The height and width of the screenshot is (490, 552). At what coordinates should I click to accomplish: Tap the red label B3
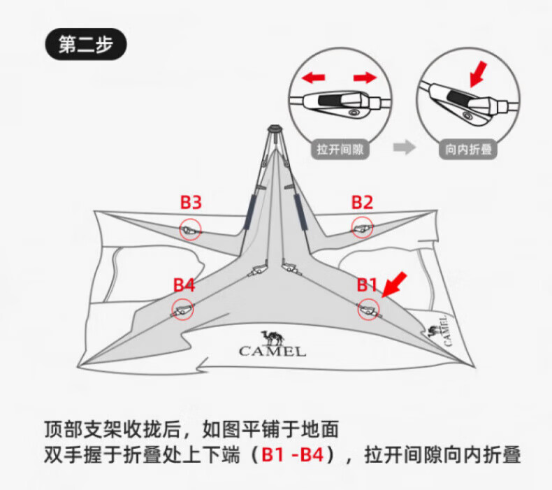click(x=191, y=203)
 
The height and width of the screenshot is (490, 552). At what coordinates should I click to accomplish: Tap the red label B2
click(x=362, y=203)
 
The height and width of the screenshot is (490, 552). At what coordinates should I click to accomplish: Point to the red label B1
click(x=368, y=285)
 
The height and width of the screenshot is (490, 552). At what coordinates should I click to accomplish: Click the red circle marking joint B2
click(x=362, y=226)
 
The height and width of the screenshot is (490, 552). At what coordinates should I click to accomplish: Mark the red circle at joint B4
click(x=183, y=309)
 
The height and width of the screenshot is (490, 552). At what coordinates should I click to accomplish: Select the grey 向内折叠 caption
click(x=467, y=149)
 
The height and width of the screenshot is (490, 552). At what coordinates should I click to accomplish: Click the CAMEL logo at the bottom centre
click(x=273, y=343)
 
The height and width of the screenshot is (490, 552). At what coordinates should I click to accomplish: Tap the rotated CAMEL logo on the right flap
click(x=440, y=329)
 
